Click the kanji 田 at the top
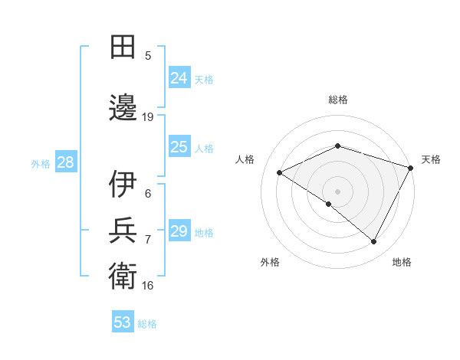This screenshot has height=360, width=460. (123, 47)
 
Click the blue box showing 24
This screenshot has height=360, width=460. (179, 78)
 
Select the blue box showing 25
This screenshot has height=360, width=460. (179, 147)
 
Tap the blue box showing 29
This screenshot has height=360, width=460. (179, 231)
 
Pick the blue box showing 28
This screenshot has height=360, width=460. (65, 162)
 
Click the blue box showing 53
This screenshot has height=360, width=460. (123, 322)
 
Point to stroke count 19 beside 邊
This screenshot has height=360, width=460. (148, 117)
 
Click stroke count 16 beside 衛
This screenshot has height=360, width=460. (148, 286)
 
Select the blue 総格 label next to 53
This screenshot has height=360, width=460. (147, 324)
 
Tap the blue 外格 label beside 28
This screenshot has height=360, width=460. (41, 163)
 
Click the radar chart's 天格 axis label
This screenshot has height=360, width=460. (431, 159)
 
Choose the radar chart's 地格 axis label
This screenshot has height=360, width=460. (402, 262)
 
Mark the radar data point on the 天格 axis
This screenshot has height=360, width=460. (412, 167)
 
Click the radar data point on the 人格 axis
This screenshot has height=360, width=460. (280, 173)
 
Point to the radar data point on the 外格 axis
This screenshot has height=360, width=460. (329, 204)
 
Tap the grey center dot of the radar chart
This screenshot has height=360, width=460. (337, 191)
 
